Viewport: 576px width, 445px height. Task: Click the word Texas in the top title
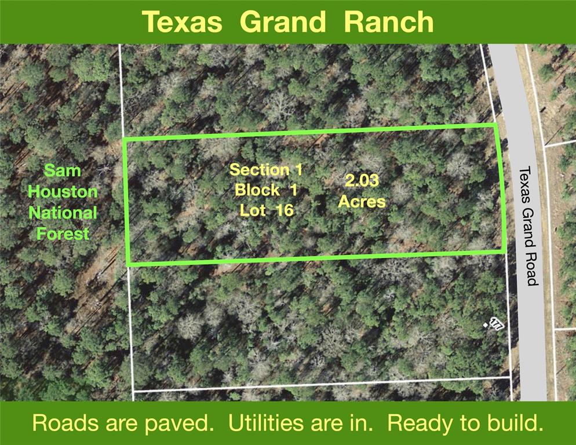point(182,21)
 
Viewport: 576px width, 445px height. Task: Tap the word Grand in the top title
point(282,21)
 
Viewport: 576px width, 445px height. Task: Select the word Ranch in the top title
point(389,21)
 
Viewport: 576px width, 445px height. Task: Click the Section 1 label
point(266,170)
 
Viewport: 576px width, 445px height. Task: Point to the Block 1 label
point(266,190)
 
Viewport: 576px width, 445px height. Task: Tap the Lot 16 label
point(267,210)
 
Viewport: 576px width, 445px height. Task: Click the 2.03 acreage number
point(362,181)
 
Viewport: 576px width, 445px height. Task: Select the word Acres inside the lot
point(362,201)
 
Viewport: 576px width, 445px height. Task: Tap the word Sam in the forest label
point(63,170)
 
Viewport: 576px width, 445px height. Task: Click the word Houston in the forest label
point(63,191)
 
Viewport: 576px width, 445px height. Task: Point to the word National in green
point(63,213)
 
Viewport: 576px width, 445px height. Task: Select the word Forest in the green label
point(63,234)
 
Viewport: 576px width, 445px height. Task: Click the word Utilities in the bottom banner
point(265,422)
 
